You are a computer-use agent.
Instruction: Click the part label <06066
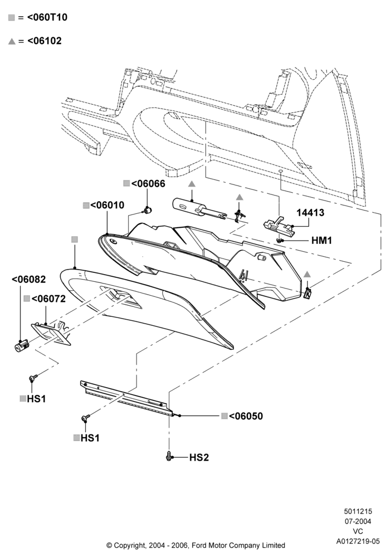(x=148, y=184)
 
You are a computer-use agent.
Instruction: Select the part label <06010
(x=108, y=205)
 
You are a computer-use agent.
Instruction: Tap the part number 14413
(x=310, y=212)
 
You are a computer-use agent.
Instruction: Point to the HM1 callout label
(x=321, y=241)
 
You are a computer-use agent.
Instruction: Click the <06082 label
(x=29, y=279)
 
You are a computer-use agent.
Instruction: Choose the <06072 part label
(x=48, y=299)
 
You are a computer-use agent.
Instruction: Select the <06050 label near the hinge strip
(x=246, y=416)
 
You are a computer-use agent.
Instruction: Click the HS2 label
(x=199, y=457)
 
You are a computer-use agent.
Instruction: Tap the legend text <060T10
(x=47, y=17)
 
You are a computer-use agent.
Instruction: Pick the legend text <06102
(x=45, y=41)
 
